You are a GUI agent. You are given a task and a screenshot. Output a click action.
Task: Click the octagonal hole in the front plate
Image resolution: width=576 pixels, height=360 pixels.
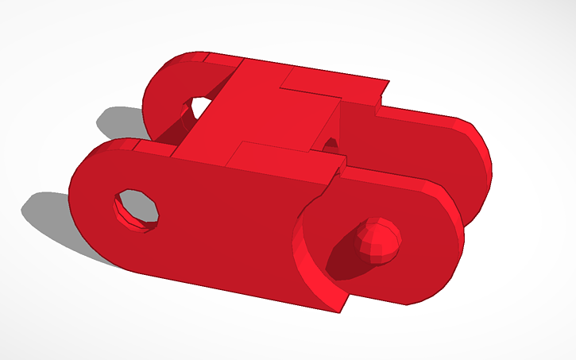click(x=137, y=208)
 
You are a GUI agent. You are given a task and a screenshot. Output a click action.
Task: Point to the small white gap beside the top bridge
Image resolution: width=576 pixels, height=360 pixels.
click(x=331, y=144)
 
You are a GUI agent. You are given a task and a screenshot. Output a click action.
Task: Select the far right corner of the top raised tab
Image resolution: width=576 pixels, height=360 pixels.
click(x=388, y=81)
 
